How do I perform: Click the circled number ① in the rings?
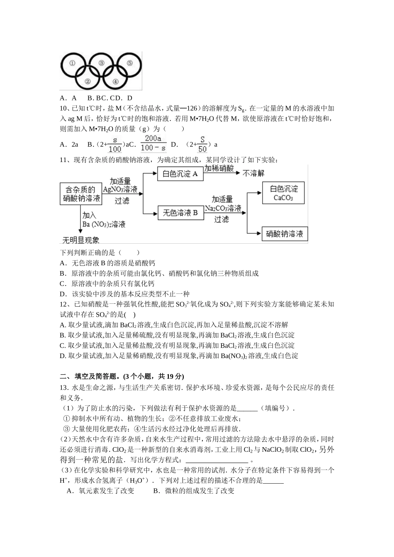tap(72, 63)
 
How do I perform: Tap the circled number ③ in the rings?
tap(101, 63)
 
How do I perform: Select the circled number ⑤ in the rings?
tap(129, 63)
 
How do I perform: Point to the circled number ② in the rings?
tap(87, 81)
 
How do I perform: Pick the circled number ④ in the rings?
tap(115, 81)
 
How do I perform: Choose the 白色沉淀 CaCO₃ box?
tap(283, 193)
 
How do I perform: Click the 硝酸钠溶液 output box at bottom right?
tap(284, 234)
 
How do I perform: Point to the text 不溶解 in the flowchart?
tap(253, 173)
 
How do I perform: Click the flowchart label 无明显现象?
tap(80, 240)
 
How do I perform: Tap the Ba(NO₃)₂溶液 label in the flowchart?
tap(104, 225)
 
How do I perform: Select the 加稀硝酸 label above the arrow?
tap(219, 168)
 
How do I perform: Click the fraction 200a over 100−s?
tap(153, 143)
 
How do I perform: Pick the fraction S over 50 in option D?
tap(202, 144)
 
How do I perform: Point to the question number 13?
tap(63, 387)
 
